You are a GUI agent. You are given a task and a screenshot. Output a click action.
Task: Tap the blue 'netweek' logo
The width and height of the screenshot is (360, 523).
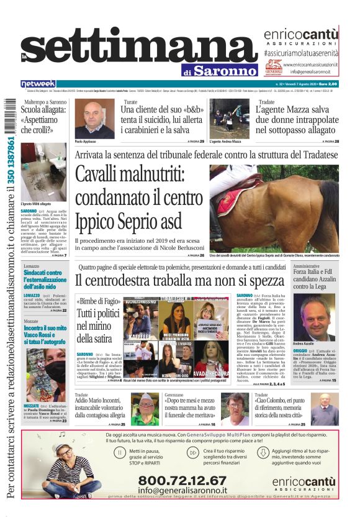coord(38,84)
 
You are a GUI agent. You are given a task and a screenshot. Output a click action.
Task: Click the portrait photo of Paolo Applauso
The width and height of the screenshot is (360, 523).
coord(94,118)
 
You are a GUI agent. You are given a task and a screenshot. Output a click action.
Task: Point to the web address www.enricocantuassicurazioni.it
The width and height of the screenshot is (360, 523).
coord(310,65)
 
